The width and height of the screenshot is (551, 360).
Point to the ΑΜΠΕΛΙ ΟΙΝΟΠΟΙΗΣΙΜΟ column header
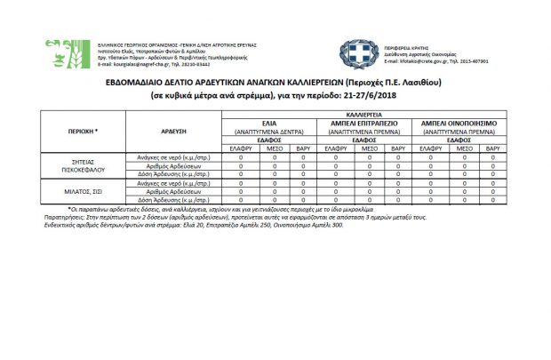pyautogui.click(x=459, y=123)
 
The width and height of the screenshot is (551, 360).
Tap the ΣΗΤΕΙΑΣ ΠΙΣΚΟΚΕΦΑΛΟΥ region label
pyautogui.click(x=83, y=164)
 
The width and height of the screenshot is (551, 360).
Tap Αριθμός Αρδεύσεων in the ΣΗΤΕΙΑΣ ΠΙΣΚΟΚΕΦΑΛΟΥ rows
pyautogui.click(x=172, y=164)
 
